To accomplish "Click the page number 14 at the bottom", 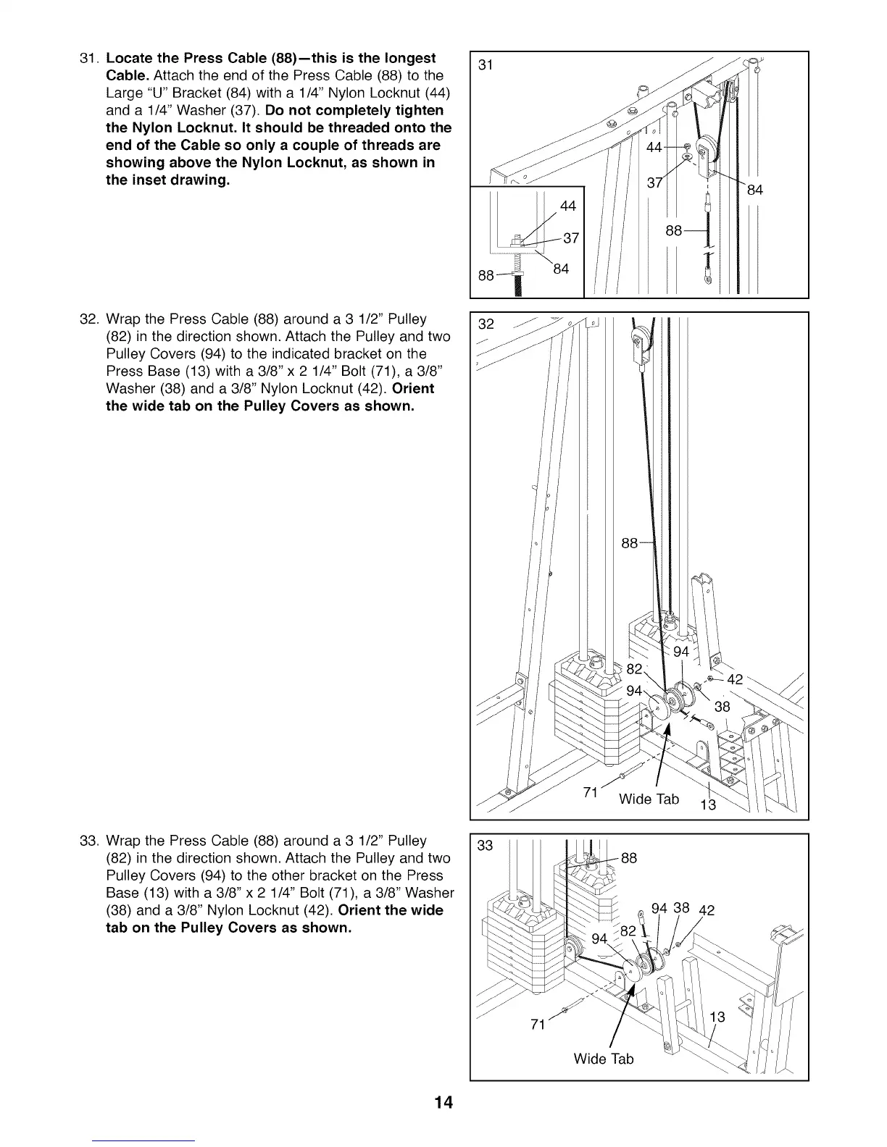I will pyautogui.click(x=443, y=1102).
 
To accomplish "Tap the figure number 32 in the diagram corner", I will pyautogui.click(x=486, y=324).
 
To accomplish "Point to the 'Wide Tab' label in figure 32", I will pyautogui.click(x=649, y=799).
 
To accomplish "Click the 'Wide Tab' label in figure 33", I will pyautogui.click(x=603, y=1059).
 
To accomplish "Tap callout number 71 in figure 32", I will pyautogui.click(x=591, y=792).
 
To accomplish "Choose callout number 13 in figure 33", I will pyautogui.click(x=717, y=1017).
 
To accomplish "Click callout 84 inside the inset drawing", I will pyautogui.click(x=561, y=269).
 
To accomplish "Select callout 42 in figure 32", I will pyautogui.click(x=735, y=679).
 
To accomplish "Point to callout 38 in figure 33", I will pyautogui.click(x=681, y=907).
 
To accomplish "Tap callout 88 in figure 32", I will pyautogui.click(x=630, y=543).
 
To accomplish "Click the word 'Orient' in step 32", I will pyautogui.click(x=413, y=389).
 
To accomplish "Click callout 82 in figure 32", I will pyautogui.click(x=634, y=668).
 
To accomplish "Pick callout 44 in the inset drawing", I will pyautogui.click(x=568, y=206).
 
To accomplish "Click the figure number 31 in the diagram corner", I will pyautogui.click(x=486, y=65).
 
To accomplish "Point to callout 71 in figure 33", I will pyautogui.click(x=538, y=1024).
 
